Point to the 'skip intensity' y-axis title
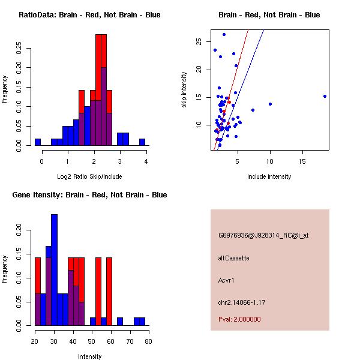(x=184, y=90)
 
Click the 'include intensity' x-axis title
(x=269, y=176)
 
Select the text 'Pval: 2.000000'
(x=239, y=319)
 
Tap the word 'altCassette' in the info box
(x=233, y=258)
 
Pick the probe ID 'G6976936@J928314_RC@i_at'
(x=263, y=236)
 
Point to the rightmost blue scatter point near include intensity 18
(x=325, y=96)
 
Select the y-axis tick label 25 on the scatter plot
(x=199, y=41)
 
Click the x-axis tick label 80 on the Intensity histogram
(x=148, y=341)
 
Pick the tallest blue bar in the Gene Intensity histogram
(x=54, y=270)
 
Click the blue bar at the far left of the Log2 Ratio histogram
(x=38, y=142)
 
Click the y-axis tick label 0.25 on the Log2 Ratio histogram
(x=20, y=48)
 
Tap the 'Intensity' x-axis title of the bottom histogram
(x=89, y=356)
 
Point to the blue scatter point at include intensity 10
(x=270, y=104)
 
